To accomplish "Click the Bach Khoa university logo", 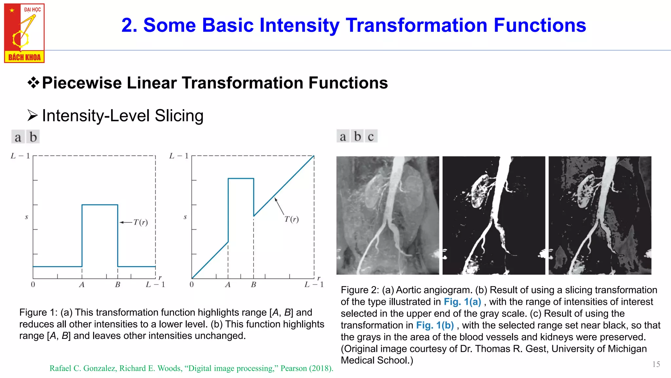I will (24, 33).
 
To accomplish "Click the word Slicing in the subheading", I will (179, 116).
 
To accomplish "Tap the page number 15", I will (656, 364).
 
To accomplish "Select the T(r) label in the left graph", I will (141, 222).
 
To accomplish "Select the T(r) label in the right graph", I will (291, 219).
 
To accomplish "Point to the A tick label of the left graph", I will (82, 284).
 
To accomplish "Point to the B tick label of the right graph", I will (253, 284).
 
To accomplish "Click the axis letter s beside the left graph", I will (27, 217).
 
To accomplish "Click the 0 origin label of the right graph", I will (192, 284).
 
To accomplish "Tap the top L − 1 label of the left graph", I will (20, 156).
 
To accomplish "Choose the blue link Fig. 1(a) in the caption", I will (462, 302).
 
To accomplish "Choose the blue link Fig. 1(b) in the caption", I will (435, 325).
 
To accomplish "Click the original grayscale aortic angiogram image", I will (388, 215).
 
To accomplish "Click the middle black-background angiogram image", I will (493, 215).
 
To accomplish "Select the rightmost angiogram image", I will (600, 215).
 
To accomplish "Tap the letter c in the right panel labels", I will (371, 136).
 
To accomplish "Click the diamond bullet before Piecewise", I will (33, 83).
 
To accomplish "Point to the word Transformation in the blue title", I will (416, 25).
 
